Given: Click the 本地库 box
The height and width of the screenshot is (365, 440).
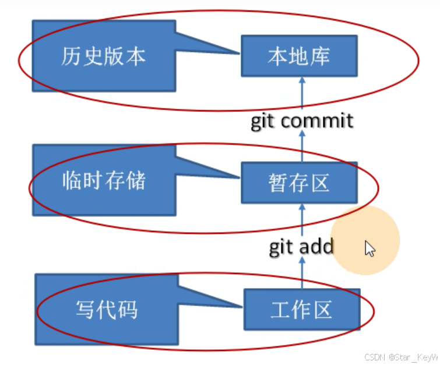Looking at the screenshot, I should click(299, 57).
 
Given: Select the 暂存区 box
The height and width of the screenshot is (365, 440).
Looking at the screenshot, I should click(299, 183).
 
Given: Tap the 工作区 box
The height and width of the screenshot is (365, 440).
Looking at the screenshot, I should click(301, 309).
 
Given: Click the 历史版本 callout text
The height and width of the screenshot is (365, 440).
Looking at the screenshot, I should click(103, 57).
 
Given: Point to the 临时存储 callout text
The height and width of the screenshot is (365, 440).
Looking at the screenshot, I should click(103, 181).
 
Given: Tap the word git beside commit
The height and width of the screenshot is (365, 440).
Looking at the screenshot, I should click(265, 121).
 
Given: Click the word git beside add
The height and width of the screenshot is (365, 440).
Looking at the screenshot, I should click(282, 247).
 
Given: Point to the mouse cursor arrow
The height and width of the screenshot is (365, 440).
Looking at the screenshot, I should click(369, 248).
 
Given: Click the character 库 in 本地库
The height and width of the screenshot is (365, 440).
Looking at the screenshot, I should click(320, 57).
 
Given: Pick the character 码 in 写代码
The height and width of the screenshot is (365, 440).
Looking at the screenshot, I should click(128, 309).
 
